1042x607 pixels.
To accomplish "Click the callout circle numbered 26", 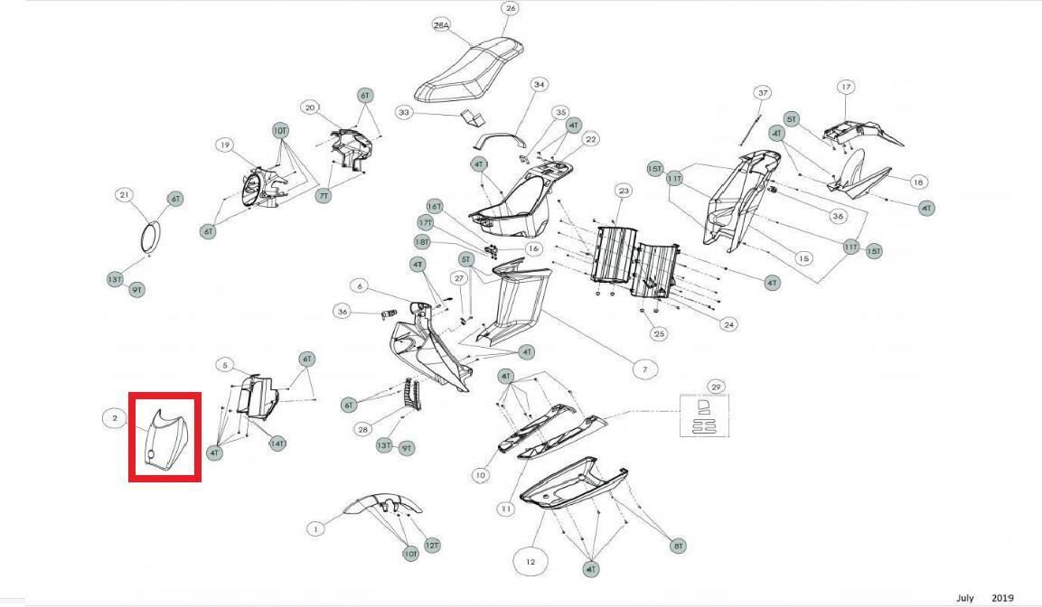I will pyautogui.click(x=511, y=9).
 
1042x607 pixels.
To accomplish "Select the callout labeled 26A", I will pyautogui.click(x=442, y=26).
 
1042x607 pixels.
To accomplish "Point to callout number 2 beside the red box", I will pyautogui.click(x=116, y=418).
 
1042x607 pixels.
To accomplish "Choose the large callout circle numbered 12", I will pyautogui.click(x=530, y=562).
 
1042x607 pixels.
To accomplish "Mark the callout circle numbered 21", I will pyautogui.click(x=125, y=195).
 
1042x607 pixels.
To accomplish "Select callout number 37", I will pyautogui.click(x=763, y=93).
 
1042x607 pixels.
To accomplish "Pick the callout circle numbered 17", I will pyautogui.click(x=846, y=88).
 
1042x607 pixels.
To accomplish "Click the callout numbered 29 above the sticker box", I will pyautogui.click(x=716, y=387).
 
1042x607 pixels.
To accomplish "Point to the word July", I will pyautogui.click(x=965, y=598).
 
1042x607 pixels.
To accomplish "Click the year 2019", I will pyautogui.click(x=1002, y=598).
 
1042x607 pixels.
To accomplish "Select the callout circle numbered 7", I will pyautogui.click(x=644, y=369).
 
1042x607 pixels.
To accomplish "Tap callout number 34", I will pyautogui.click(x=540, y=85).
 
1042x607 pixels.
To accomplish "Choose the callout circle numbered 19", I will pyautogui.click(x=225, y=145).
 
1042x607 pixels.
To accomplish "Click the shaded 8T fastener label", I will pyautogui.click(x=678, y=546).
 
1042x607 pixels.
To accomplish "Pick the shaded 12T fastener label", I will pyautogui.click(x=432, y=546).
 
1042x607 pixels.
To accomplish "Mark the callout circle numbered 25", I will pyautogui.click(x=660, y=334).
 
